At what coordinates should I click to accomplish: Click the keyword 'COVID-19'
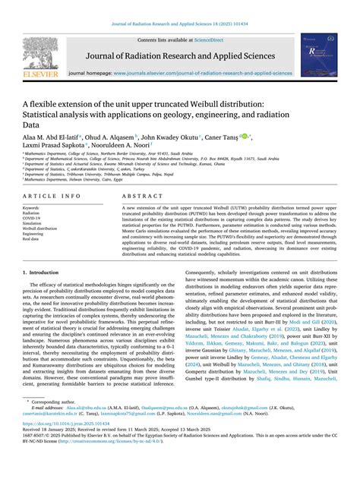(x=33, y=218)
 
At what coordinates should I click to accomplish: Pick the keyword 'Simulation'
(x=33, y=223)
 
